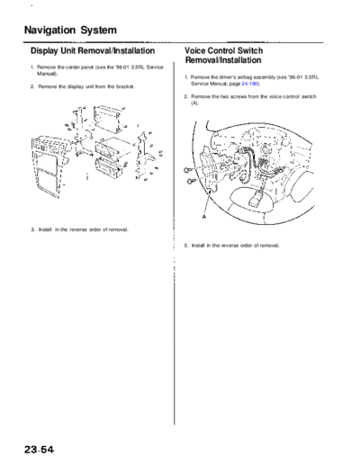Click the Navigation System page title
tap(70, 31)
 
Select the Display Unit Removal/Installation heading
tap(93, 50)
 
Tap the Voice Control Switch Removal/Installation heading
tap(224, 55)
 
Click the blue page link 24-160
tap(249, 84)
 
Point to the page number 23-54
tap(40, 450)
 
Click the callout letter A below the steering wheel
tap(204, 216)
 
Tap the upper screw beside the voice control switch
tap(187, 171)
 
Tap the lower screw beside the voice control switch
tap(190, 181)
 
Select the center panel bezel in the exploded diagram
tap(48, 166)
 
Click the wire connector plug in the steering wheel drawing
tap(256, 200)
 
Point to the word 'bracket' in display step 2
tap(125, 86)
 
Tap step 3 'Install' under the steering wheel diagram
tap(198, 246)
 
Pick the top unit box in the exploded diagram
tap(108, 118)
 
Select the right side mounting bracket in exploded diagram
tap(142, 156)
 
